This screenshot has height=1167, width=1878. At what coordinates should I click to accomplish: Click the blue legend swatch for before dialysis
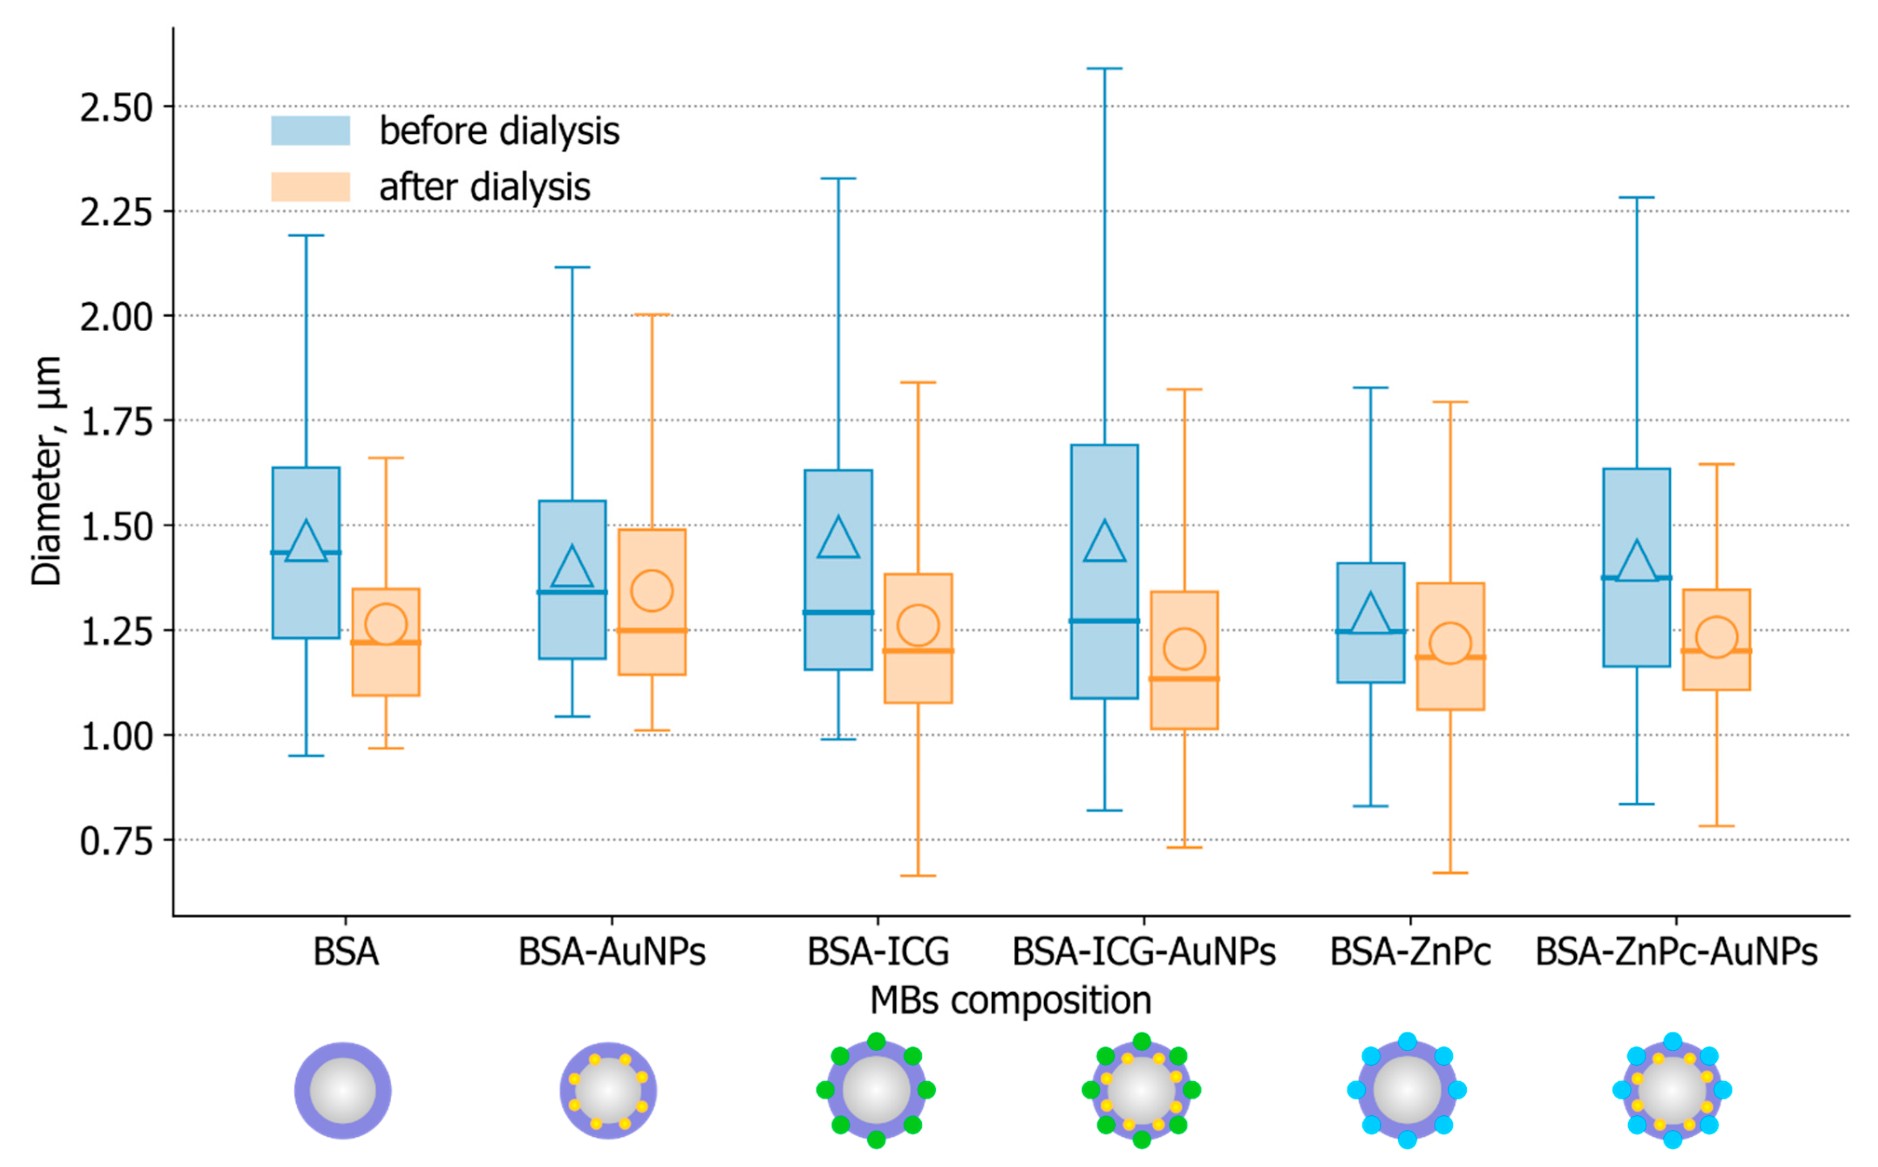(x=310, y=130)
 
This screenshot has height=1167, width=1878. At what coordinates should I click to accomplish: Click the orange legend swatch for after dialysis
(x=310, y=187)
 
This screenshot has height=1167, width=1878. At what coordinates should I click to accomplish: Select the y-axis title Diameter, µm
(x=46, y=471)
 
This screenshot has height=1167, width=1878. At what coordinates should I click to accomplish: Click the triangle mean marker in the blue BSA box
(x=306, y=543)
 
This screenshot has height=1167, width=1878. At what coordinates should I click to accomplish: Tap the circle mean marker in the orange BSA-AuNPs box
(x=652, y=590)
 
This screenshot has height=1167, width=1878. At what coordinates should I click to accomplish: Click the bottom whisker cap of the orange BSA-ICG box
(x=918, y=876)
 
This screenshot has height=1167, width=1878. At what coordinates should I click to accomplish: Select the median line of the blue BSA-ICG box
(x=839, y=612)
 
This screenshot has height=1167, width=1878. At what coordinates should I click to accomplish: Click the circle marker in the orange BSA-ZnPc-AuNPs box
(x=1717, y=637)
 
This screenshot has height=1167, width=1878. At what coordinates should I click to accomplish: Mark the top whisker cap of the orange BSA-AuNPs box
(x=652, y=315)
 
